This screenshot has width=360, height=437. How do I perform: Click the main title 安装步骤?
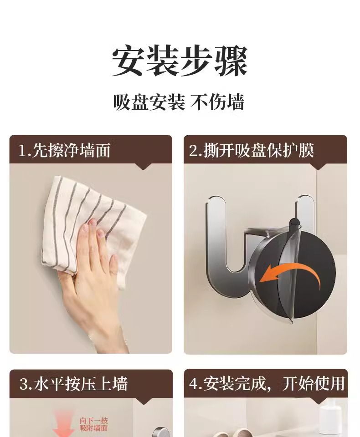[180, 61]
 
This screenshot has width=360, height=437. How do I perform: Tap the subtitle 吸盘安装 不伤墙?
[179, 102]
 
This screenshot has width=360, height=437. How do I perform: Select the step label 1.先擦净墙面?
[64, 150]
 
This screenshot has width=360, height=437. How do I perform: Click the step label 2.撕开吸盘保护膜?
[252, 150]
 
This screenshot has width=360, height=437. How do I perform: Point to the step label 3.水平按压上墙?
[73, 384]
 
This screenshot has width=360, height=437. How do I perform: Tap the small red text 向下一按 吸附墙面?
[93, 424]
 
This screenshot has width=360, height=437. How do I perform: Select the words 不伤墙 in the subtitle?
[217, 102]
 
